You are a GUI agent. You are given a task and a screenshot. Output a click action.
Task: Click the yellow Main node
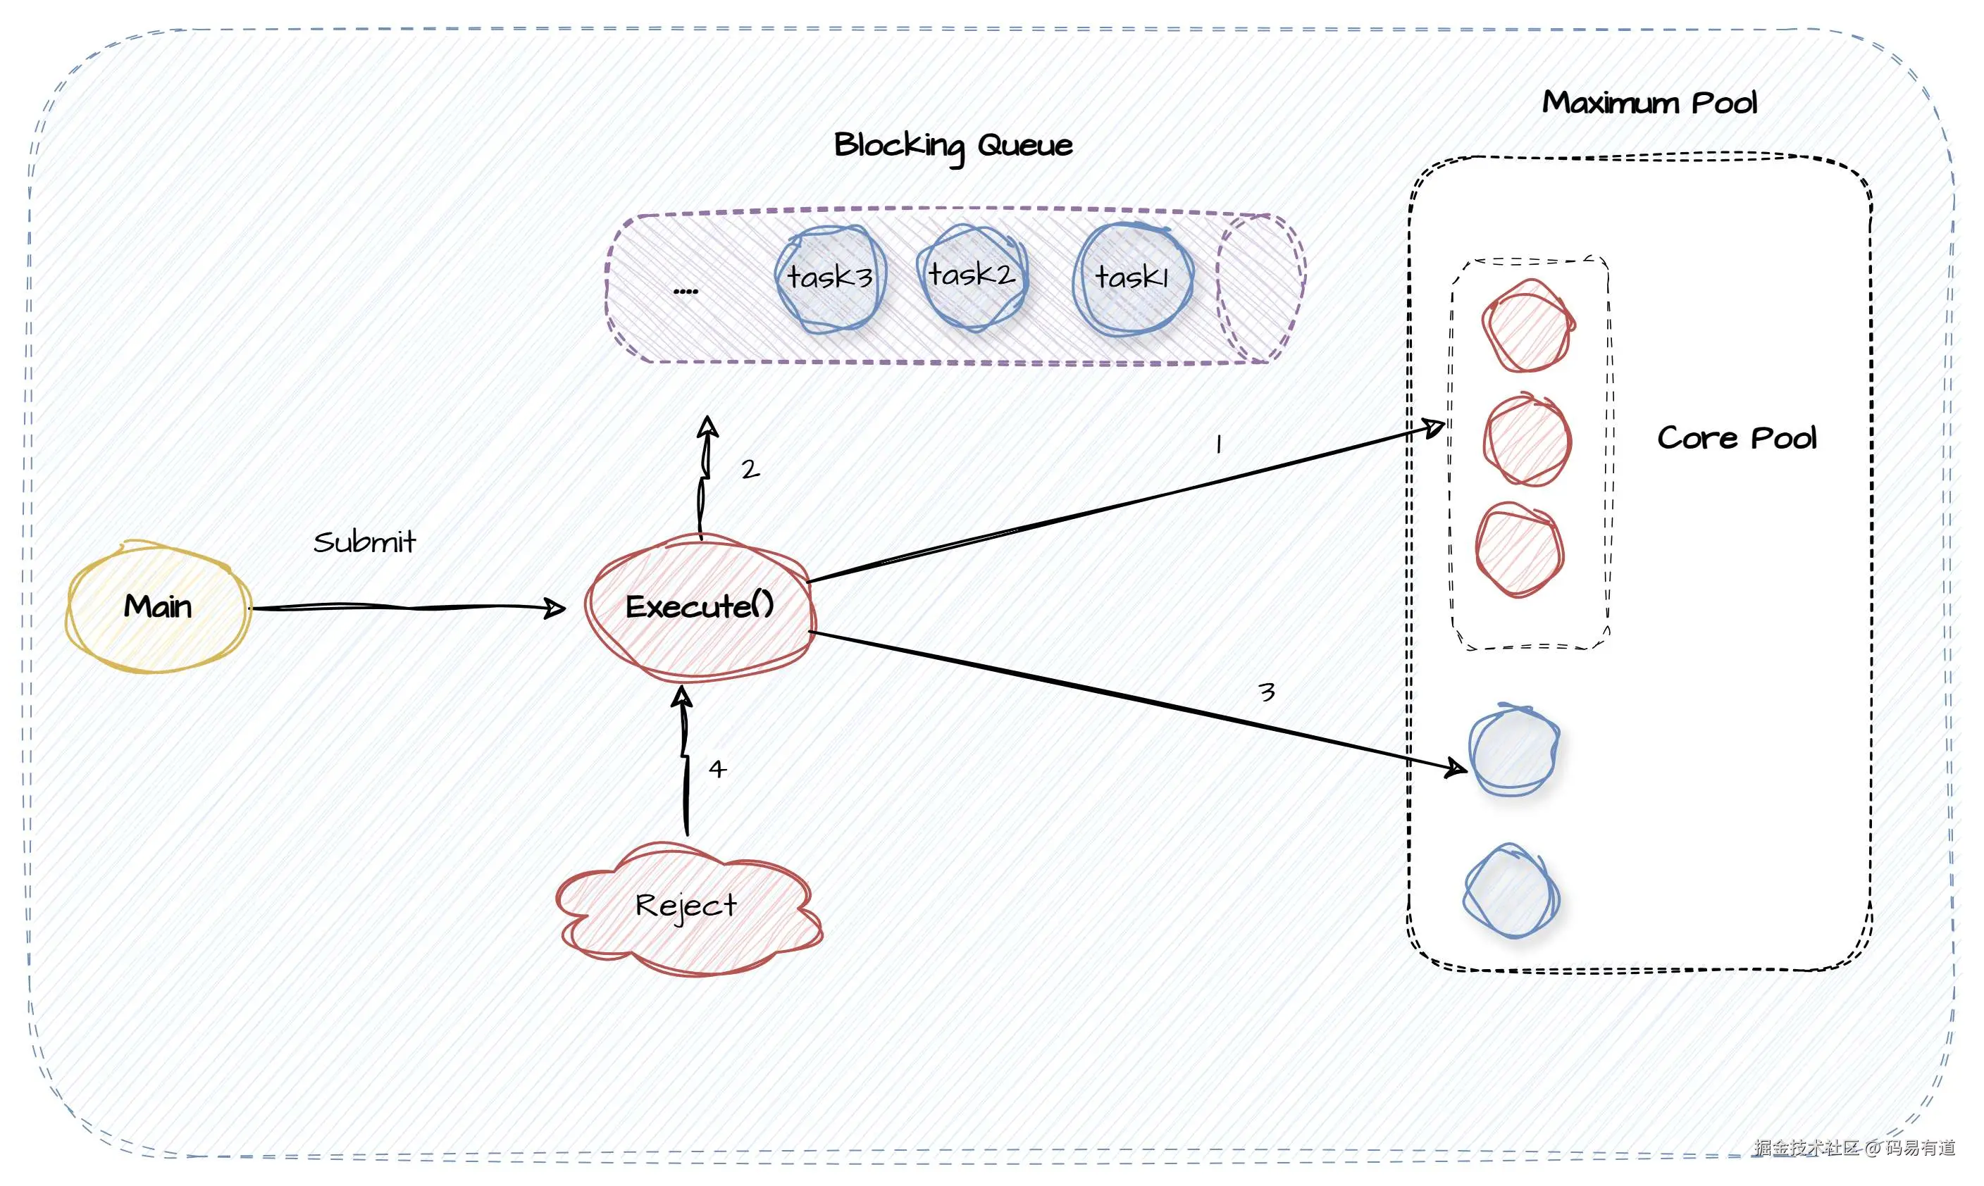tap(159, 606)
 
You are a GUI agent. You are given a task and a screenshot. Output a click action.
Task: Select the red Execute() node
tap(700, 606)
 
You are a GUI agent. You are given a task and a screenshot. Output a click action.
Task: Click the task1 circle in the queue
tap(1133, 279)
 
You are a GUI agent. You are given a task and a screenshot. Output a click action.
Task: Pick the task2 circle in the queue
tap(973, 277)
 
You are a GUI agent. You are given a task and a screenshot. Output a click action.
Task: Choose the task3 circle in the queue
tap(831, 278)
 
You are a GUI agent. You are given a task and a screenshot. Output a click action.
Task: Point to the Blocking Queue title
tap(953, 147)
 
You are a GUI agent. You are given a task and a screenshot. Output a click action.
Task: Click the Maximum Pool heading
tap(1649, 102)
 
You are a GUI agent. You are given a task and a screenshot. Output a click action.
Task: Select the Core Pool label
tap(1736, 438)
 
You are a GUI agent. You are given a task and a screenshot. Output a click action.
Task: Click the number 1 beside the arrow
tap(1218, 444)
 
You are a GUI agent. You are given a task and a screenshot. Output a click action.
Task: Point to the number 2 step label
tap(750, 469)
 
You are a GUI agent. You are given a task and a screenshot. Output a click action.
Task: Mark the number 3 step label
tap(1266, 692)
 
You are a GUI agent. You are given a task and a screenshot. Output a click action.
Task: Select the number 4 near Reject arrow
tap(717, 769)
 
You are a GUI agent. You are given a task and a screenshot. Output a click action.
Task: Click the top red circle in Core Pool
tap(1528, 325)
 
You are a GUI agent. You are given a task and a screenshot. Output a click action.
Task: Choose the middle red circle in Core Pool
tap(1527, 439)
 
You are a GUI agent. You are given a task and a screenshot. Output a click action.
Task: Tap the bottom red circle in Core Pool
tap(1520, 550)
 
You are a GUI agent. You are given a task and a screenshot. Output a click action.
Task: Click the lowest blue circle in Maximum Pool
tap(1511, 891)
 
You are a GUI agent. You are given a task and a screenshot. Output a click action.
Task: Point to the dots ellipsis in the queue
tap(685, 292)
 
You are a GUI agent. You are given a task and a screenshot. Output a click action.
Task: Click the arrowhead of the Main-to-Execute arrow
tap(554, 608)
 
